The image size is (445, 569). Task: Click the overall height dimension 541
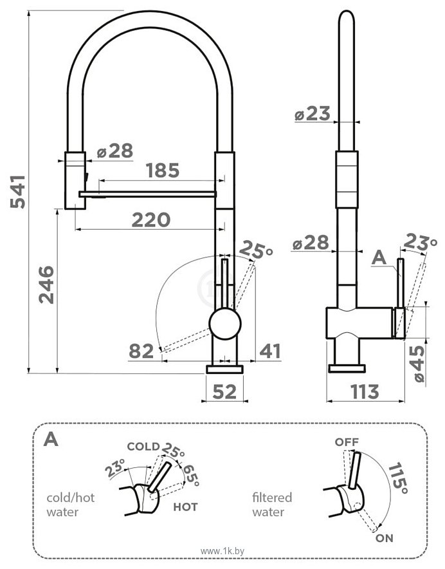coord(19,191)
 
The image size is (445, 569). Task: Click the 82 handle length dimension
coord(141,351)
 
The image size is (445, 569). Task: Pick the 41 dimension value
coord(271,351)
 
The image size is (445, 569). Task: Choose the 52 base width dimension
coord(225,391)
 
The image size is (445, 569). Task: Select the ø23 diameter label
coord(312,115)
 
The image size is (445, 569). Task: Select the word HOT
coord(185,507)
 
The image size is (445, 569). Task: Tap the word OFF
coord(347,442)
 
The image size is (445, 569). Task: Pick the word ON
coord(385,538)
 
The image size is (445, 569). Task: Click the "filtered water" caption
coord(272,505)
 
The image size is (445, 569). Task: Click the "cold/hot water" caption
coord(72,505)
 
